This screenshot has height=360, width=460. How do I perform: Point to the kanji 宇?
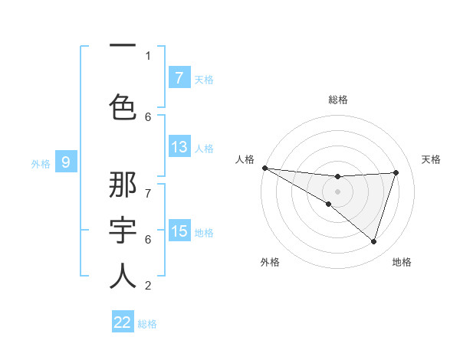123,230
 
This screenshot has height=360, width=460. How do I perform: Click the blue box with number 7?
179,78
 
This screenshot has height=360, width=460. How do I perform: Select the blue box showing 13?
179,147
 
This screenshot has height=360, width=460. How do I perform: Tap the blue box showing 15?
179,231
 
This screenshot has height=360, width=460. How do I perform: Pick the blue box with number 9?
66,162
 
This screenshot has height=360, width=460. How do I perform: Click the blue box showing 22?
123,322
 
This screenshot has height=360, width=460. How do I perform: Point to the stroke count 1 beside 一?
148,55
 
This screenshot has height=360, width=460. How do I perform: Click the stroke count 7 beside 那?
148,186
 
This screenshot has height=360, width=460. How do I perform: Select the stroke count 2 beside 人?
148,286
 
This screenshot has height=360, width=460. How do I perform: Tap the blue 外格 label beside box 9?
40,163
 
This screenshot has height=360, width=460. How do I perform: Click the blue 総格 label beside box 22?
147,324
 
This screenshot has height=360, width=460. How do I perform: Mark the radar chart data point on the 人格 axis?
264,168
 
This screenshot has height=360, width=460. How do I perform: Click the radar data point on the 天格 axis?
396,172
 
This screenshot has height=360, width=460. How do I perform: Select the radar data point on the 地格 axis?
373,241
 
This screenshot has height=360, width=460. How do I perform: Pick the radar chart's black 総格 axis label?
337,100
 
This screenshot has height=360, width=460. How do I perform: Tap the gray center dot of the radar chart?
337,191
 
